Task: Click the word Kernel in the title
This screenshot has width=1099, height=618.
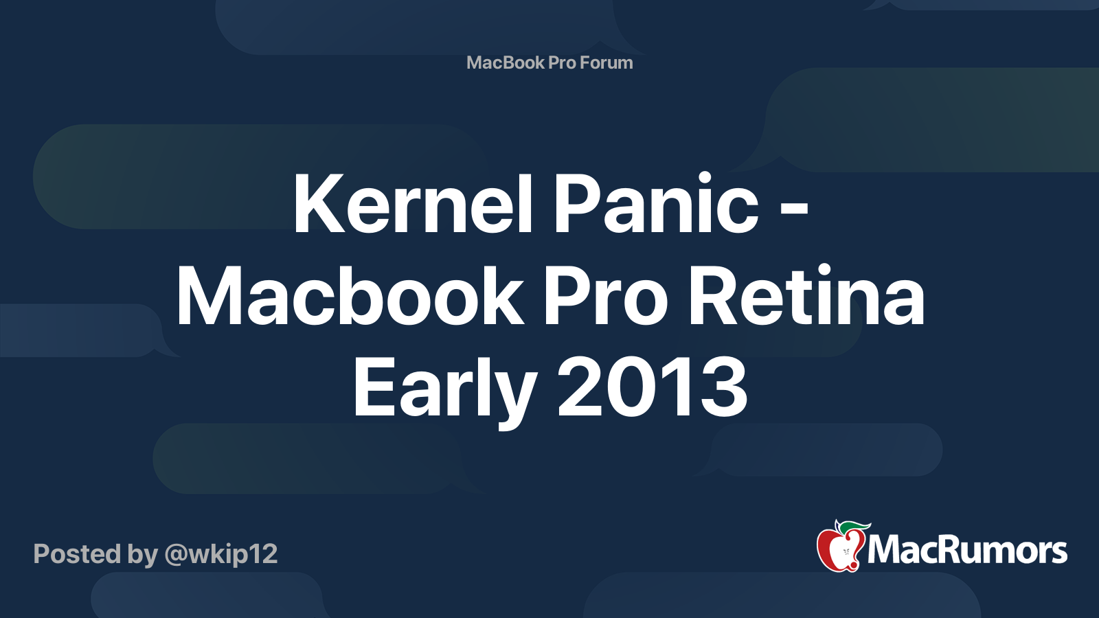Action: tap(413, 204)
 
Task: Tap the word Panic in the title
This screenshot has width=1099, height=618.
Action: tap(656, 204)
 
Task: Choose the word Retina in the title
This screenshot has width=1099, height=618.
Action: tap(806, 297)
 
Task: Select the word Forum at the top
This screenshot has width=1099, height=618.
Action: tap(606, 62)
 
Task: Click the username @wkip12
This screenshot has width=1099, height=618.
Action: tap(221, 554)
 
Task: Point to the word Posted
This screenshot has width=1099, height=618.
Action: tap(77, 554)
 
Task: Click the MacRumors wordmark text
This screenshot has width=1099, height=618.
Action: tap(967, 551)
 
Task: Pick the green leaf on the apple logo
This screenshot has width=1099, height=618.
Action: tap(855, 527)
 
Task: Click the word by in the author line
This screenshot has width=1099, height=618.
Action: tap(142, 554)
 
